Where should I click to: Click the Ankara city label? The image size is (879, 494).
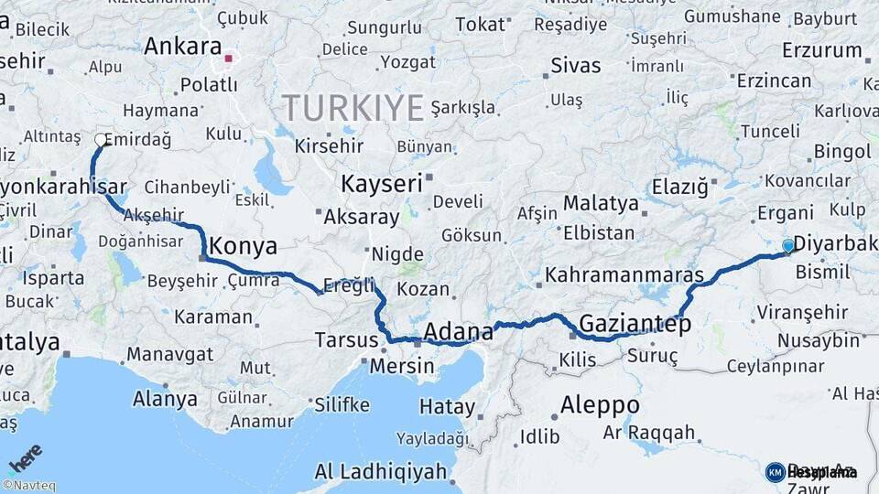point(183,47)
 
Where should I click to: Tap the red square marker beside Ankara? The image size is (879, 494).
point(229,59)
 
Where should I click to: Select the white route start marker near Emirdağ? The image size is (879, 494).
point(100,140)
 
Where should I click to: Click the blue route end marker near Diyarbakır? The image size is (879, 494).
point(788,245)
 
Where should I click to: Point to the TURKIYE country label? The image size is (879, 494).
point(353,108)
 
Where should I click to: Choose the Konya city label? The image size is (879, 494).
point(243,246)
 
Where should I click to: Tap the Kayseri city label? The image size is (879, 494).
point(382,184)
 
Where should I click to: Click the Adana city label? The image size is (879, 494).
point(458,331)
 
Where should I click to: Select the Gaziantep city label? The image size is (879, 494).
point(635,324)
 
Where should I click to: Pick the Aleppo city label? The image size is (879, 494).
point(600,404)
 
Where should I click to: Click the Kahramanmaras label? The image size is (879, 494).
point(624,274)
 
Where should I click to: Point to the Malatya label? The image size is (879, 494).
point(601,203)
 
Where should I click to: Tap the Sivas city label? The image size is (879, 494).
point(576,66)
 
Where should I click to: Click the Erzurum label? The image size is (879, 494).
point(822,50)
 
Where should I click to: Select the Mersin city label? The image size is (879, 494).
point(402,366)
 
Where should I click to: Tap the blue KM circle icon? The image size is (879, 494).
point(775,472)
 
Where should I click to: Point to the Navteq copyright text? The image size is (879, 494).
point(28,486)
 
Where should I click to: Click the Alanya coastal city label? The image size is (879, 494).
point(165,399)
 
